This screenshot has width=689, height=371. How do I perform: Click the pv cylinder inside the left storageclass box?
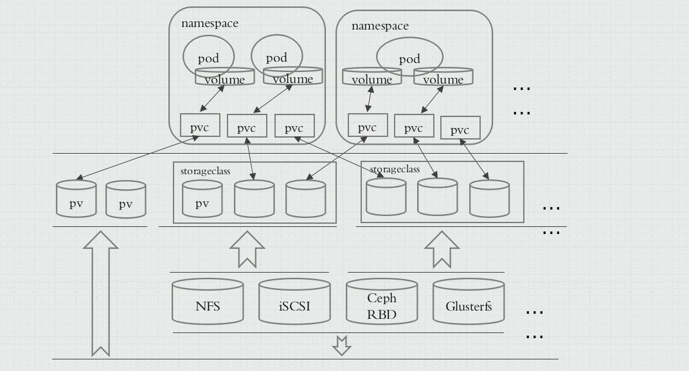click(202, 199)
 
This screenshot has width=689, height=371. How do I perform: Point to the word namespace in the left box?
click(210, 24)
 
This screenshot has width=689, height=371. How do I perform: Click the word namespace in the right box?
click(380, 26)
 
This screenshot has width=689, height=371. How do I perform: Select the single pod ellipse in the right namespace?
click(409, 57)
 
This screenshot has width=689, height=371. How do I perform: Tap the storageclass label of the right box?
click(395, 169)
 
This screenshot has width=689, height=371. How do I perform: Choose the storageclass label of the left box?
click(206, 172)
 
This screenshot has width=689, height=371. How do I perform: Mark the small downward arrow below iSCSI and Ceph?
click(341, 345)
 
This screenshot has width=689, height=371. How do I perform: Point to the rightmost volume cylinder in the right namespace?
click(443, 77)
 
